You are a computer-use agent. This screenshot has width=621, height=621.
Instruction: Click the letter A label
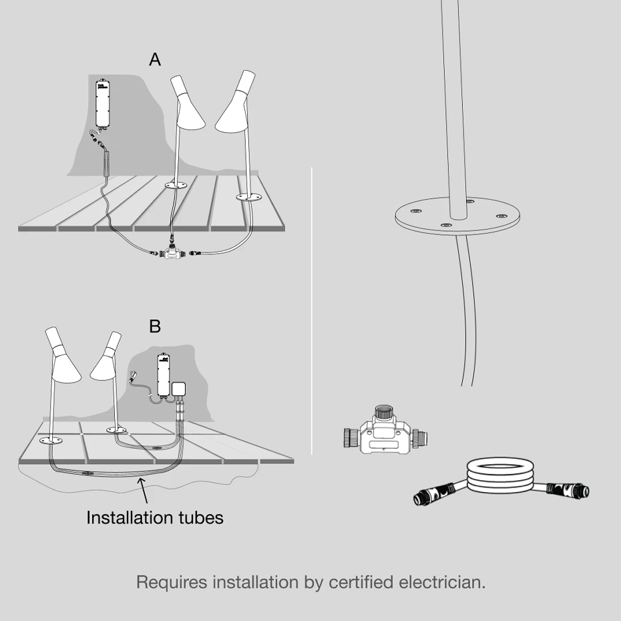pyautogui.click(x=155, y=60)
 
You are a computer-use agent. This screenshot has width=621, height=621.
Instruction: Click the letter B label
pyautogui.click(x=155, y=327)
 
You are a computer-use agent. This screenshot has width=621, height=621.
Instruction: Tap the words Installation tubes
pyautogui.click(x=155, y=517)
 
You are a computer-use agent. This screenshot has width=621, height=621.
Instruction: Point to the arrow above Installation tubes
pyautogui.click(x=144, y=494)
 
